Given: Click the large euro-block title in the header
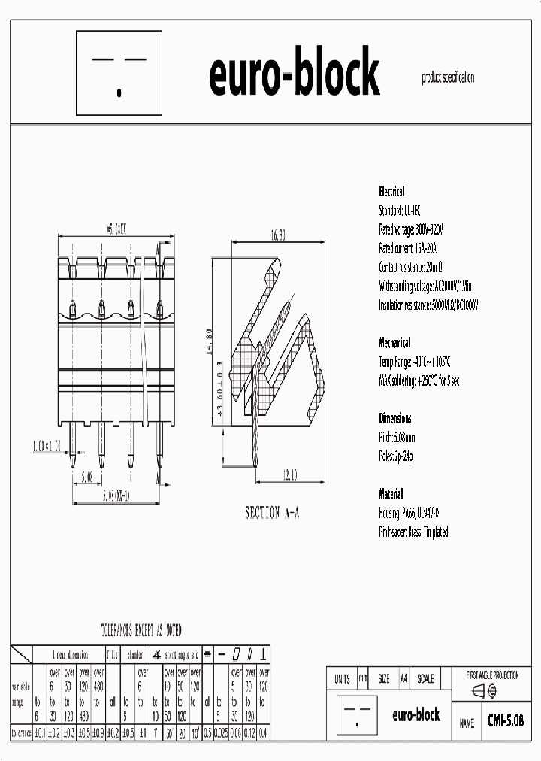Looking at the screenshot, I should [294, 74].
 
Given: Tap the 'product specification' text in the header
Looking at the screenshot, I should [449, 78].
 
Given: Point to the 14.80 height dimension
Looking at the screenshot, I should [218, 342].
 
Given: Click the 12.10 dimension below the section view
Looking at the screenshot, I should [292, 474].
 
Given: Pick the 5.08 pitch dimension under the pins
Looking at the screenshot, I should [87, 476].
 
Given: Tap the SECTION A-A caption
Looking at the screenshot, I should [272, 512].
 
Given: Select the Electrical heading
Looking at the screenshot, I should [391, 192].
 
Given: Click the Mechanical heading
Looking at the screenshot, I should [395, 343].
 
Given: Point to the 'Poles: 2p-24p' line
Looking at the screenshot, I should [396, 456].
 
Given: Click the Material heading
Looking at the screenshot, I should [391, 494].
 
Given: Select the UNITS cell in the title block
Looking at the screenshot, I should [342, 678].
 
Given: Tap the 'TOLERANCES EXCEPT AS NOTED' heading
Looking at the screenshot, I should [141, 630].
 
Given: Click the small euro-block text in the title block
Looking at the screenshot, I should [416, 715].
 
